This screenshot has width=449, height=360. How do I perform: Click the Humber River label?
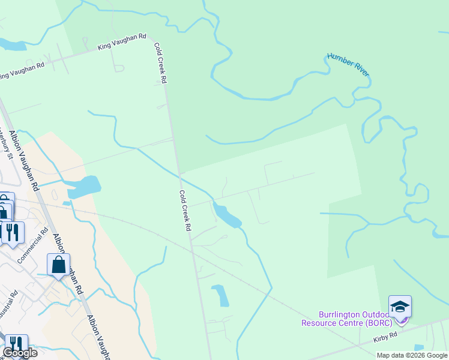[x=348, y=64]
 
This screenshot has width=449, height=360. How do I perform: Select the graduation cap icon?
[x=400, y=307]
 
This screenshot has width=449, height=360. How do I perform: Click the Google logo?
[x=20, y=353]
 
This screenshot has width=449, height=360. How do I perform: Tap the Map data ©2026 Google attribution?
[x=412, y=355]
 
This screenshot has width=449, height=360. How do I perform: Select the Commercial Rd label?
[x=32, y=242]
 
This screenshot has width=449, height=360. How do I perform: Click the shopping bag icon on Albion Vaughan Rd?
[x=58, y=264]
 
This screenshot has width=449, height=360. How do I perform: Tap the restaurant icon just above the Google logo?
[x=16, y=344]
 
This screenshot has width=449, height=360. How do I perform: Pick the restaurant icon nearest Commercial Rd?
[x=13, y=231]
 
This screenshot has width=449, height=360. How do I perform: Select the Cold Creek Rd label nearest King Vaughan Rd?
[x=160, y=62]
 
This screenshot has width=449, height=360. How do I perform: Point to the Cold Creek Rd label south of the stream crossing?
[x=185, y=211]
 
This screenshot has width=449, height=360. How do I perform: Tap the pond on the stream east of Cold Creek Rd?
[x=226, y=215]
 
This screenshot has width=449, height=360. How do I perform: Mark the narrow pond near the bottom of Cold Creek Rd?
[x=220, y=295]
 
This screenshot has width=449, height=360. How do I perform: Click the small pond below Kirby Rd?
[x=418, y=347]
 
